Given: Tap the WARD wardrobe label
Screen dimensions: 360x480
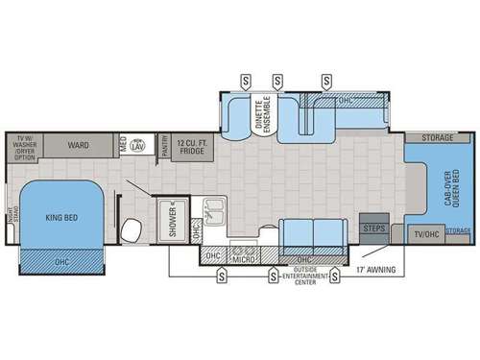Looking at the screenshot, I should tap(79, 145).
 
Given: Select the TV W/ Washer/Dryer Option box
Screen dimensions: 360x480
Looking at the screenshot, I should tap(26, 146).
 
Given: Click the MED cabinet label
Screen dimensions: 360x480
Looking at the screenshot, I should tap(123, 145).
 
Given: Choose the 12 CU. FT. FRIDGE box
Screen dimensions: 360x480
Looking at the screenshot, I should tap(192, 145).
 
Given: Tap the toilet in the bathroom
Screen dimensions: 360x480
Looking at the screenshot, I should tap(133, 227).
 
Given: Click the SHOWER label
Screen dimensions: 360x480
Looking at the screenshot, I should tap(174, 218).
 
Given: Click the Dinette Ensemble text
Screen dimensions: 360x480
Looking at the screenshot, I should tap(262, 112).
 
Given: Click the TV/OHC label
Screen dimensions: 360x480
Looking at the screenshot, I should tap(425, 232).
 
